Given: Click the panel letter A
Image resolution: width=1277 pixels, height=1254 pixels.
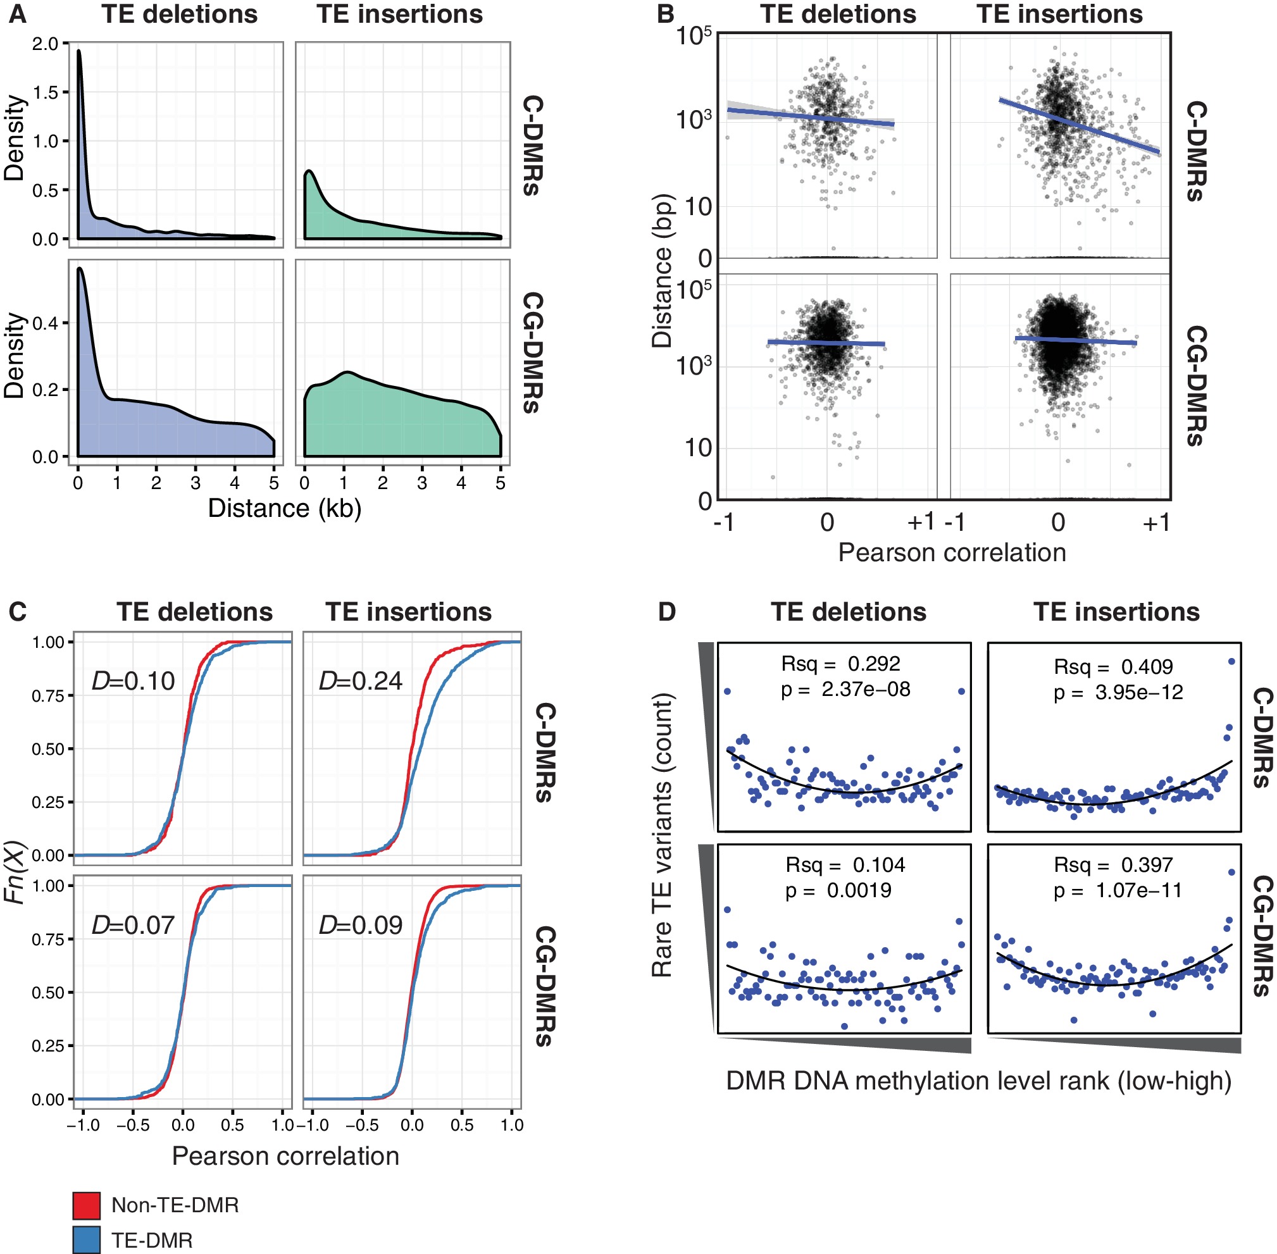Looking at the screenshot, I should (x=17, y=14).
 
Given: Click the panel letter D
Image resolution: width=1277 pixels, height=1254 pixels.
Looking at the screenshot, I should (x=666, y=612).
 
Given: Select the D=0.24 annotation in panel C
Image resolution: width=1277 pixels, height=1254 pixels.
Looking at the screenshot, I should (x=360, y=680).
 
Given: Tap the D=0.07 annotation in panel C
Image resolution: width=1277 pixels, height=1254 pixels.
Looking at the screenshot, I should (x=133, y=926).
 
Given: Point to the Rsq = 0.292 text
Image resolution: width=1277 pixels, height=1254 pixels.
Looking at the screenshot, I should (x=840, y=664).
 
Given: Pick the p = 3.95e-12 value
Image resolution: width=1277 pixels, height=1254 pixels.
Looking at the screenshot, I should (x=1118, y=692).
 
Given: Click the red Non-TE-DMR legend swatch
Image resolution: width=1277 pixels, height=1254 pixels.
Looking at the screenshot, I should (x=86, y=1205).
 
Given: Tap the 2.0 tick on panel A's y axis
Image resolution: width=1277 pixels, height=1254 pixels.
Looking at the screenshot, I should (x=46, y=44).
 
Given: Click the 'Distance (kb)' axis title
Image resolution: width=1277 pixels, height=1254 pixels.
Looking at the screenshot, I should (x=285, y=509).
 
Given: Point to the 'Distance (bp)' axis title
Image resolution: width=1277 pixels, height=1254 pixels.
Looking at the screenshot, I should (x=661, y=271).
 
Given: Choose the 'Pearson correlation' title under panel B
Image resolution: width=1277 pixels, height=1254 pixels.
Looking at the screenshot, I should (x=952, y=552).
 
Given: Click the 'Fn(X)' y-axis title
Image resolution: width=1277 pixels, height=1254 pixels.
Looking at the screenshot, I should (x=15, y=872).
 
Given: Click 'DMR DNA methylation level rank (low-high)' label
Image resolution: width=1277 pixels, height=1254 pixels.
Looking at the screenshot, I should (x=979, y=1081).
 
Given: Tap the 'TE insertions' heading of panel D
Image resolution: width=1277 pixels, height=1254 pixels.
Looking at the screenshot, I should (x=1116, y=612).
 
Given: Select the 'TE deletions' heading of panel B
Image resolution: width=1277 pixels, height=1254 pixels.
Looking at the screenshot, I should (x=838, y=14).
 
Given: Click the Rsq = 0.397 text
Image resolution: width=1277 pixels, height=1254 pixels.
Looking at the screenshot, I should (x=1113, y=865).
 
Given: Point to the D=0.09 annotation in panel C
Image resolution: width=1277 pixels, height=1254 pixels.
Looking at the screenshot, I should (x=360, y=926).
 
